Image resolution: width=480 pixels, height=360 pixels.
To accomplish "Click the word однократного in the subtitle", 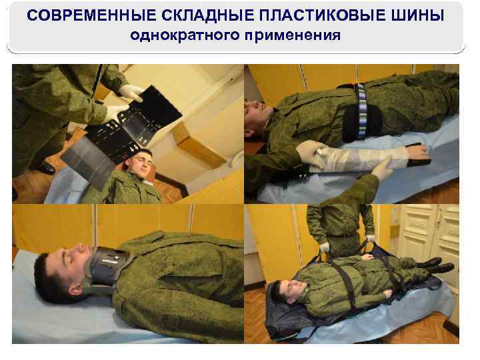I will click(178, 35).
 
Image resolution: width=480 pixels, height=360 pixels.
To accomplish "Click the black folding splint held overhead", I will click(127, 133).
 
